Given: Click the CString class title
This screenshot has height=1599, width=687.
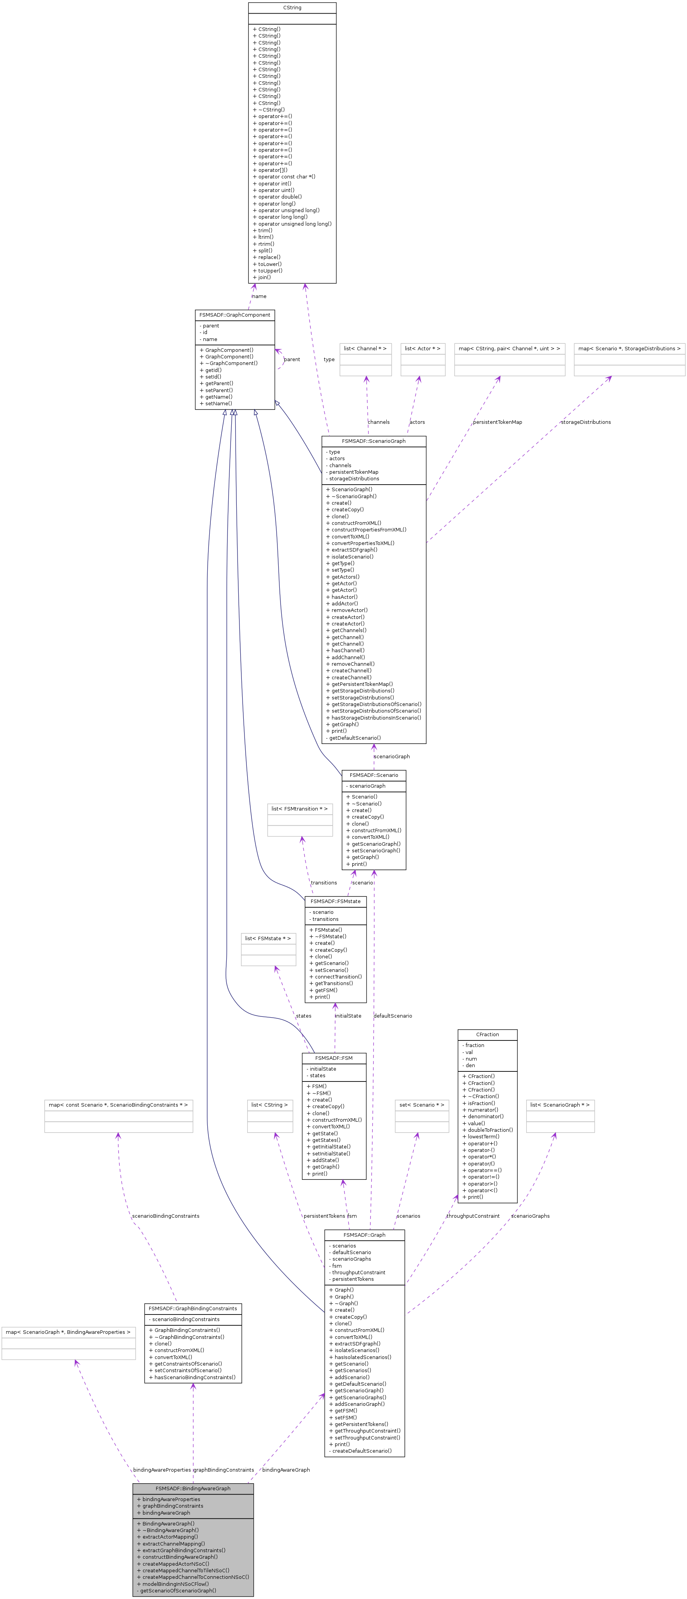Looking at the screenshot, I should point(292,7).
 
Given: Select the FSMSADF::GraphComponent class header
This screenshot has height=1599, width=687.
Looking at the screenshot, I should point(235,315).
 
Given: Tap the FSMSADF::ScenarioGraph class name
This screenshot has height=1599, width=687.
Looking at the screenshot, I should point(373,441).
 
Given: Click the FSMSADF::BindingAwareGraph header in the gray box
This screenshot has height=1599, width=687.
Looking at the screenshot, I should point(193,1488).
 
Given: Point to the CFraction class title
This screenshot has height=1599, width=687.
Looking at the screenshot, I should point(487,1034).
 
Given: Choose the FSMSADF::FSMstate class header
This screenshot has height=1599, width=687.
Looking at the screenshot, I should point(336,901).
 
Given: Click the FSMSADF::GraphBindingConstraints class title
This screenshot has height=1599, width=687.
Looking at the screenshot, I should point(193,1308).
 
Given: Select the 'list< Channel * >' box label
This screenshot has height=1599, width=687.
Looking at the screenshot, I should point(365,348).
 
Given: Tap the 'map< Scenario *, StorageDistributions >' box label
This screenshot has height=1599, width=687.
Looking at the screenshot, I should point(628,348).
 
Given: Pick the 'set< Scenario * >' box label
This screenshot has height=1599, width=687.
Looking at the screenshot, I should point(422,1104).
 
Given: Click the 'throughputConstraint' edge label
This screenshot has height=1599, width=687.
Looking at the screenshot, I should point(473,1215).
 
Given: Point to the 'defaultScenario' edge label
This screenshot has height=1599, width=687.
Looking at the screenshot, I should point(393,1016).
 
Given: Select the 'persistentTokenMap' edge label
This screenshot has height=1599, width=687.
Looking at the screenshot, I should point(497,422).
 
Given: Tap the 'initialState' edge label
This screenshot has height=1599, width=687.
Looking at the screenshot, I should point(348,1016).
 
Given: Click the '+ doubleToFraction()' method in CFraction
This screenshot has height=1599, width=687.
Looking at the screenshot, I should point(490,1130).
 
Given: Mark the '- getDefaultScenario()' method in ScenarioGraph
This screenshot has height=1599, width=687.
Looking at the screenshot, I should point(353,737).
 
